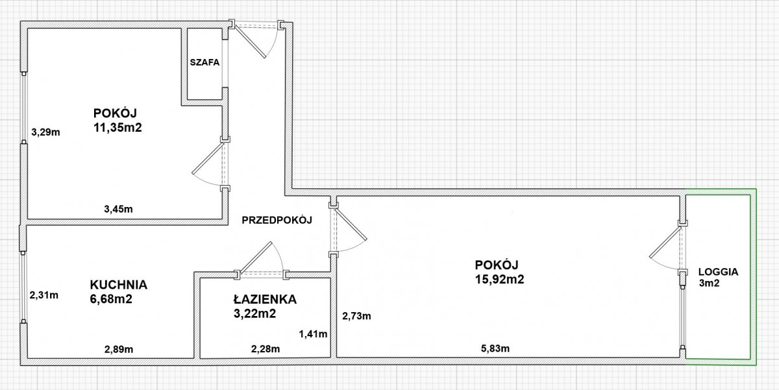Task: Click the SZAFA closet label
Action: pyautogui.click(x=204, y=62)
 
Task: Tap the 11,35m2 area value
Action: pyautogui.click(x=117, y=128)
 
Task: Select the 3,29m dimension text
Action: pyautogui.click(x=45, y=132)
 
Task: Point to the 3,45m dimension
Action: pyautogui.click(x=118, y=209)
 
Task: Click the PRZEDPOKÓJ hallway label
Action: pyautogui.click(x=277, y=220)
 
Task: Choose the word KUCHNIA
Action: pyautogui.click(x=119, y=285)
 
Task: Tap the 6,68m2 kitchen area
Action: pyautogui.click(x=111, y=299)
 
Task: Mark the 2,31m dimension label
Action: pyautogui.click(x=44, y=295)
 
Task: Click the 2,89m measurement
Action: pyautogui.click(x=119, y=349)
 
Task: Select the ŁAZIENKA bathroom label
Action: pyautogui.click(x=265, y=299)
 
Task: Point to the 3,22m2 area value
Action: pyautogui.click(x=254, y=314)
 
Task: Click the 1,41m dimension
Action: pyautogui.click(x=313, y=334)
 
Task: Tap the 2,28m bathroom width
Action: pyautogui.click(x=266, y=348)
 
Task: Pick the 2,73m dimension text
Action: pyautogui.click(x=356, y=316)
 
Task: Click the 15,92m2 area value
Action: pyautogui.click(x=499, y=280)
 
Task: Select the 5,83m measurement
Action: pyautogui.click(x=495, y=348)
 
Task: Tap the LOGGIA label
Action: pyautogui.click(x=718, y=272)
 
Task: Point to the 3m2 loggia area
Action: pyautogui.click(x=709, y=284)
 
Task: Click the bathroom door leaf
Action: pyautogui.click(x=255, y=257)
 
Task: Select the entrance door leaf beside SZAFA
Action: pyautogui.click(x=251, y=42)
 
